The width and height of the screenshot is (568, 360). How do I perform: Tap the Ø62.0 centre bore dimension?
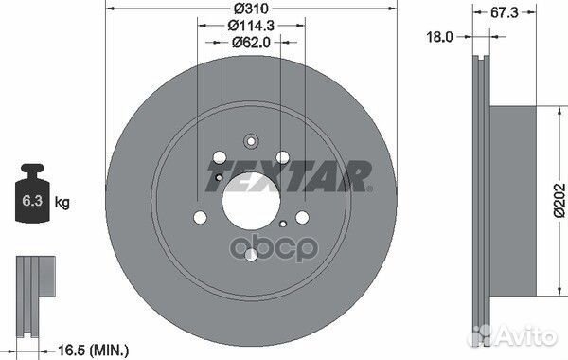[250, 43]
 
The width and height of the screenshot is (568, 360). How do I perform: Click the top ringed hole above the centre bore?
[250, 143]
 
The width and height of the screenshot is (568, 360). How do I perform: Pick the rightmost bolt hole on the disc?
[302, 217]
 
